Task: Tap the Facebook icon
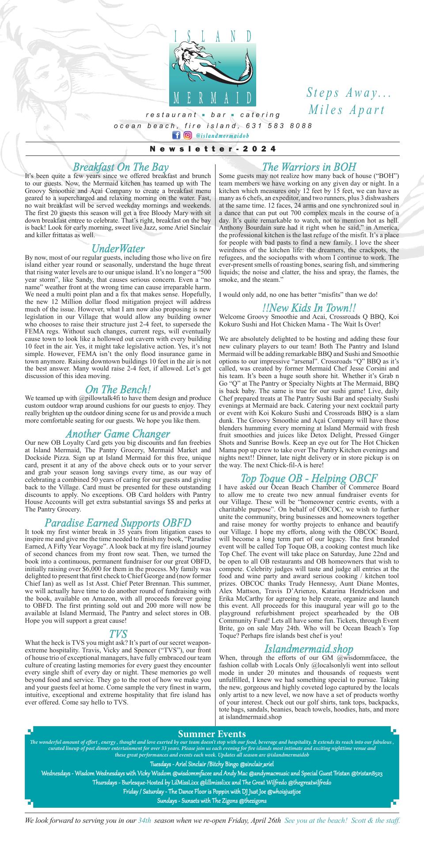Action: (176, 135)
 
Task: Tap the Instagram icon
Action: (187, 135)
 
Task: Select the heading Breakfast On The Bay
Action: (120, 167)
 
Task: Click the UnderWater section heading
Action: (118, 248)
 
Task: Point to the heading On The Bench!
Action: (118, 389)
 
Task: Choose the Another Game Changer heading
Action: (118, 434)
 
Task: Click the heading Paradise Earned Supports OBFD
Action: (118, 523)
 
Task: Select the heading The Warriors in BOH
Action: (309, 167)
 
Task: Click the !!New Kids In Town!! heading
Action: (309, 307)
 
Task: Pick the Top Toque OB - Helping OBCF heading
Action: (309, 478)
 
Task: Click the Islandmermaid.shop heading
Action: (309, 648)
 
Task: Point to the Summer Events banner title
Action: (212, 734)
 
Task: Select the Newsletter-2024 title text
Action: (213, 149)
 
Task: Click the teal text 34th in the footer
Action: (144, 821)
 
